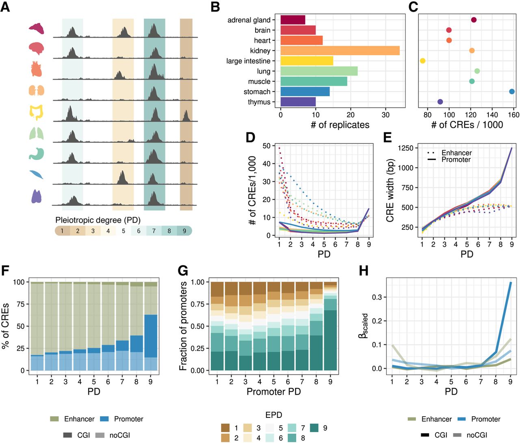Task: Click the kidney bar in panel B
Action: (x=340, y=51)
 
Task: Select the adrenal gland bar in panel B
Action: (x=292, y=20)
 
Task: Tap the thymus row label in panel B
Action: (x=259, y=102)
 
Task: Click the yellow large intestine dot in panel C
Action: (x=422, y=61)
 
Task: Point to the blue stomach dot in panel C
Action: (x=511, y=92)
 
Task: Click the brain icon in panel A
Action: (x=36, y=48)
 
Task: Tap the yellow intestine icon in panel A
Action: (x=36, y=112)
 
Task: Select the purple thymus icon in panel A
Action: (x=36, y=196)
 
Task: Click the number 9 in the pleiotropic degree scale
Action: (x=184, y=231)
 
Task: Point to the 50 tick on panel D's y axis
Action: (x=266, y=146)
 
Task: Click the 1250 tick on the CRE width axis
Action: (x=405, y=148)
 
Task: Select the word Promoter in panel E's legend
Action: (x=456, y=160)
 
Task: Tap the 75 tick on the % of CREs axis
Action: (x=19, y=304)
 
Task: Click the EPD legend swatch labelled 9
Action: (x=314, y=428)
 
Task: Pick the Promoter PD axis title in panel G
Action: (x=273, y=391)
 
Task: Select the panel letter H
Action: (x=364, y=270)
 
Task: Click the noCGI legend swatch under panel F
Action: (x=100, y=435)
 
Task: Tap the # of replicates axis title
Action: (x=340, y=125)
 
